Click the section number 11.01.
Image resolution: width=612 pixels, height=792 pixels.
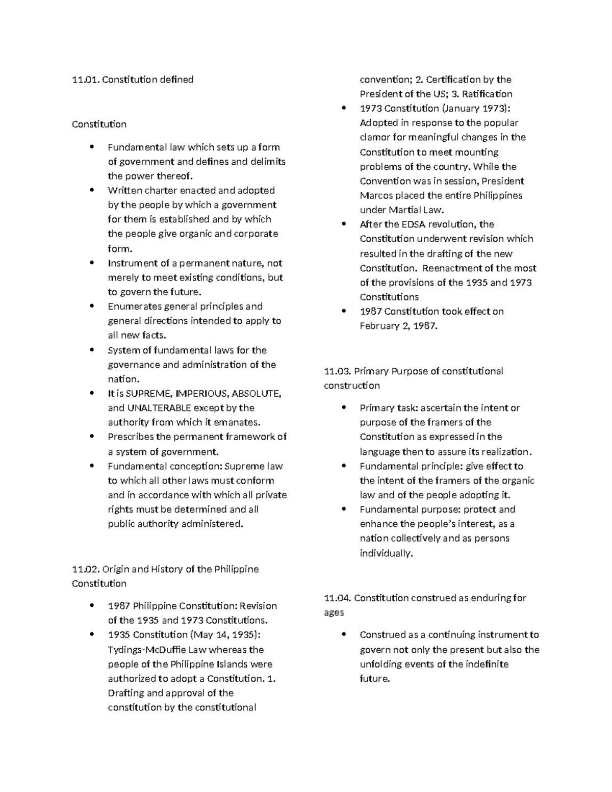[x=86, y=80]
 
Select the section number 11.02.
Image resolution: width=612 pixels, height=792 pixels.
[x=86, y=569]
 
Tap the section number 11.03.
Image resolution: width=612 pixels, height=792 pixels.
[x=337, y=371]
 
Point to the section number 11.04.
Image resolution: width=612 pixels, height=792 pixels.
[x=337, y=598]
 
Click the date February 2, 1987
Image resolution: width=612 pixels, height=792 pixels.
[x=398, y=326]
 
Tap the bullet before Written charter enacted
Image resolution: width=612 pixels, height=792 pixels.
[x=92, y=190]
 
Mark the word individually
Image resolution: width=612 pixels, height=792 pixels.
[x=385, y=553]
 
